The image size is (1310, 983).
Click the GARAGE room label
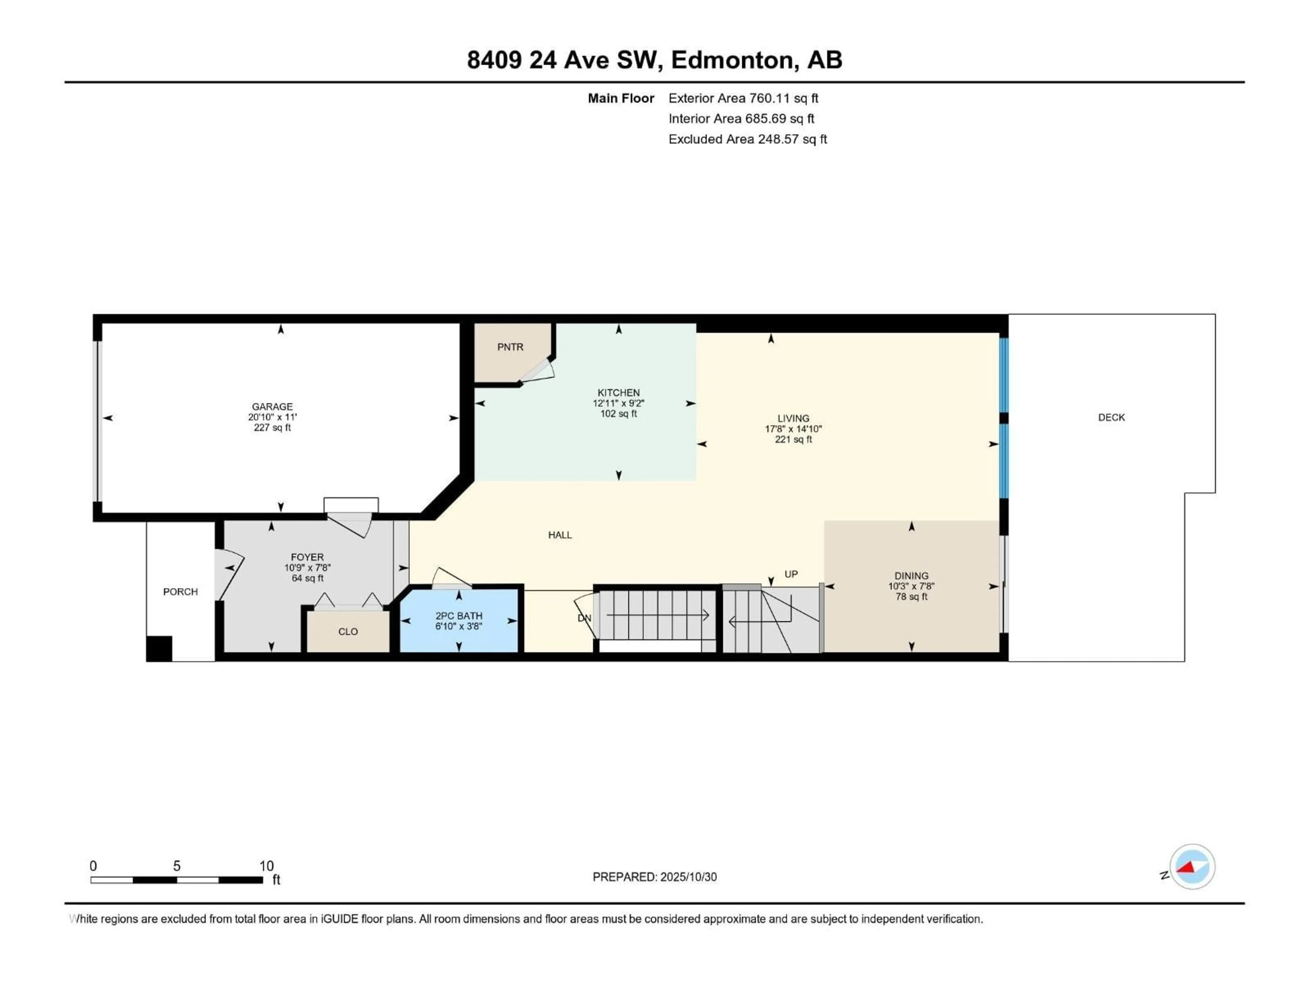(272, 407)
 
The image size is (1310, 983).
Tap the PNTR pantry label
(510, 347)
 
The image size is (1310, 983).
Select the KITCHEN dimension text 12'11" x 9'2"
(618, 403)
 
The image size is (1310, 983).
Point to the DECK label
(1111, 417)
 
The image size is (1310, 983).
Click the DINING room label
(911, 575)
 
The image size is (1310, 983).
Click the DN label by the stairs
(584, 618)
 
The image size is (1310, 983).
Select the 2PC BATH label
(458, 616)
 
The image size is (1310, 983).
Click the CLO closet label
(348, 632)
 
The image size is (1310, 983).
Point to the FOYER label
(307, 557)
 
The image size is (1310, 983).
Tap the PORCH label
(180, 592)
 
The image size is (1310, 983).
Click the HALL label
(560, 535)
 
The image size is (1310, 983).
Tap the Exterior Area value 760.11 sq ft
(784, 98)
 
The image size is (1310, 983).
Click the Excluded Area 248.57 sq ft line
(747, 139)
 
